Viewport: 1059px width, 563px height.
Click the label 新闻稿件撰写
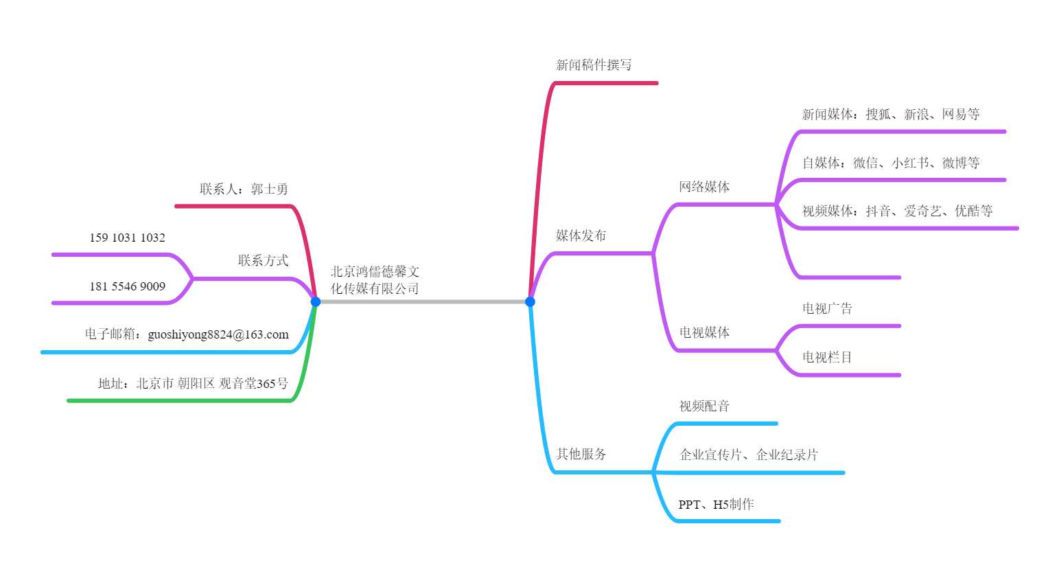[x=594, y=65]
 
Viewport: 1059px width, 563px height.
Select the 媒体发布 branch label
[x=581, y=235]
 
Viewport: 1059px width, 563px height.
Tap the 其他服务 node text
[x=581, y=454]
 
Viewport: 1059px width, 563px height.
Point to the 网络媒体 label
[x=704, y=187]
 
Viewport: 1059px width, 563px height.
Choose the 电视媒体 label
[x=704, y=332]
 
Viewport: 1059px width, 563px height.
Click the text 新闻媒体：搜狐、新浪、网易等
[x=890, y=114]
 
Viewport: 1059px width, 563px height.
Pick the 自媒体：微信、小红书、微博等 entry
[x=890, y=163]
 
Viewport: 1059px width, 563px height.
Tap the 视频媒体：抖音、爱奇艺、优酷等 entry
[x=897, y=211]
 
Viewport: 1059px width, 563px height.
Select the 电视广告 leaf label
[x=827, y=308]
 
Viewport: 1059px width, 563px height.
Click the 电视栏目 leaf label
[x=827, y=357]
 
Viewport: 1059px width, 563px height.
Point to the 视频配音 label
[x=704, y=406]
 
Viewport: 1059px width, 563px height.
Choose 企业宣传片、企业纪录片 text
[x=748, y=455]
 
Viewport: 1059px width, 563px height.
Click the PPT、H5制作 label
[x=716, y=504]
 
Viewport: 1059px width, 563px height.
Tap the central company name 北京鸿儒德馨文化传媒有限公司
[x=375, y=280]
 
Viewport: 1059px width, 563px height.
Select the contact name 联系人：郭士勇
[x=244, y=189]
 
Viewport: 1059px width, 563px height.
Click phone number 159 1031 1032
[x=127, y=238]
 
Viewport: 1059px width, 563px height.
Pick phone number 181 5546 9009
[x=127, y=286]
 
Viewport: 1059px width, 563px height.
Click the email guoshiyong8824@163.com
[x=218, y=334]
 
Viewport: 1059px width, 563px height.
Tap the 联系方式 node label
[x=263, y=260]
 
